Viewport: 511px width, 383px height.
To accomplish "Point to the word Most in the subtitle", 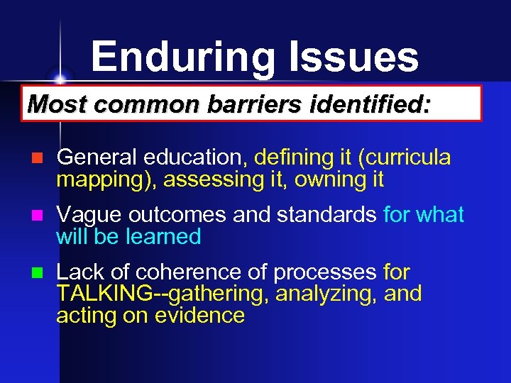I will click(x=54, y=104).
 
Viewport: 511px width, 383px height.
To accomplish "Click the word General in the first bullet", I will click(x=96, y=157).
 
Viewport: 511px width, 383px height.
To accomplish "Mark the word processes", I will click(x=325, y=272).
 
